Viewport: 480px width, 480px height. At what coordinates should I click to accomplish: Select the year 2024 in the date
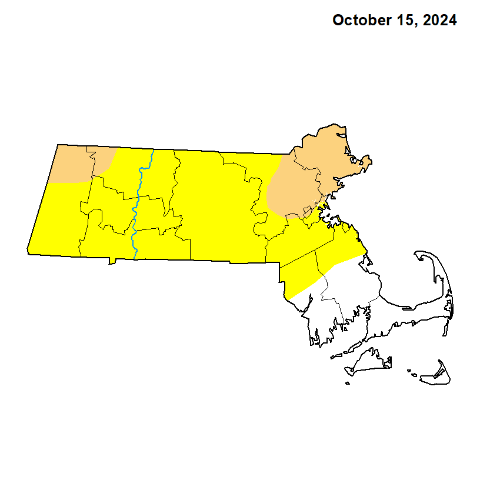(x=438, y=21)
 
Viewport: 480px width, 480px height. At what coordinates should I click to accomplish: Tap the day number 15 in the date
(x=402, y=21)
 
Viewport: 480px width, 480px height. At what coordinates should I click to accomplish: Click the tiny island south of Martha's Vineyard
(x=348, y=384)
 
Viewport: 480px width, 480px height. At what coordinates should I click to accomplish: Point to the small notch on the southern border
(x=111, y=261)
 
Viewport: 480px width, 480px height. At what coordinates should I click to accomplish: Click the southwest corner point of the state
(x=28, y=254)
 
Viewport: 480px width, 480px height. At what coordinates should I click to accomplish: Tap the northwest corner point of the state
(x=58, y=145)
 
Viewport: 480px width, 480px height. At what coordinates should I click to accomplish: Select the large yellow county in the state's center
(x=218, y=206)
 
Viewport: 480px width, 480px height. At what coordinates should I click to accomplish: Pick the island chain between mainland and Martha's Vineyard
(x=341, y=355)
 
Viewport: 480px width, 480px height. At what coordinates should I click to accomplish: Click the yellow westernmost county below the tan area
(x=59, y=218)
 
